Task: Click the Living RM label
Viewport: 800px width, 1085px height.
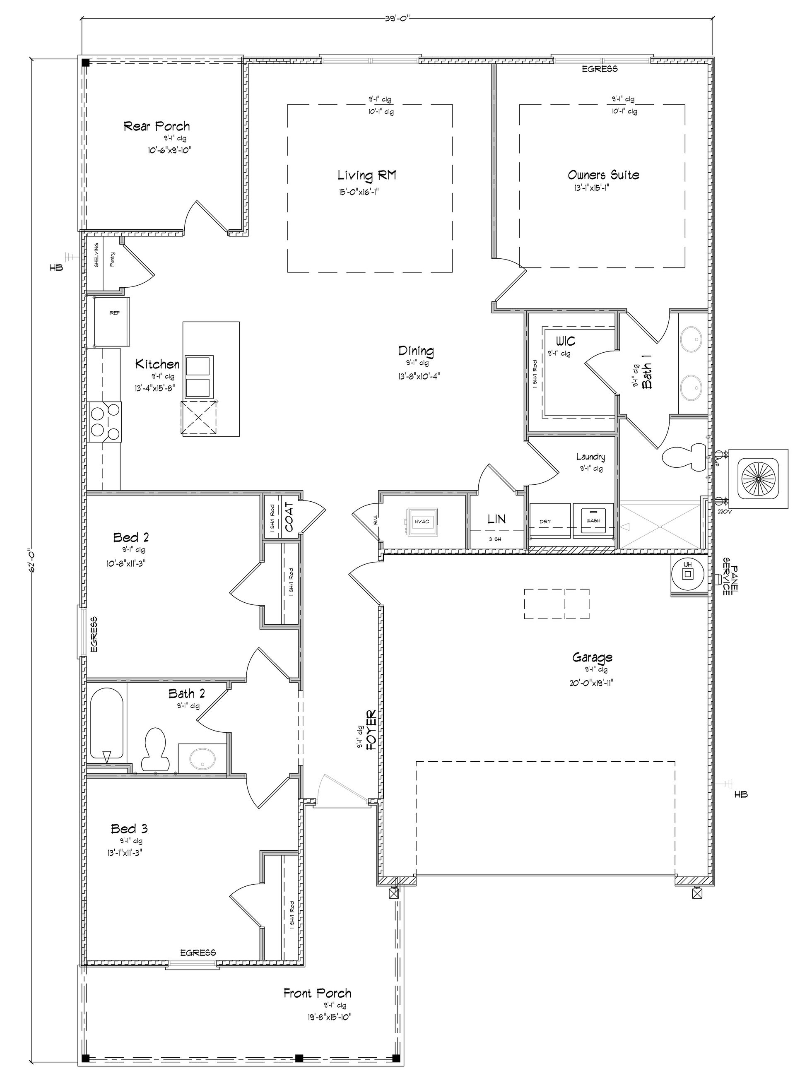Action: pyautogui.click(x=366, y=175)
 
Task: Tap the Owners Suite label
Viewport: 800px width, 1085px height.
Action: pyautogui.click(x=603, y=175)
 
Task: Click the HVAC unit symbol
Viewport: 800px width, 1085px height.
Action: pyautogui.click(x=422, y=522)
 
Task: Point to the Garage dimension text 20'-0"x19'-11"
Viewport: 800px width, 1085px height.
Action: pyautogui.click(x=592, y=683)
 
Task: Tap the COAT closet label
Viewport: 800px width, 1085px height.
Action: pyautogui.click(x=289, y=517)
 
